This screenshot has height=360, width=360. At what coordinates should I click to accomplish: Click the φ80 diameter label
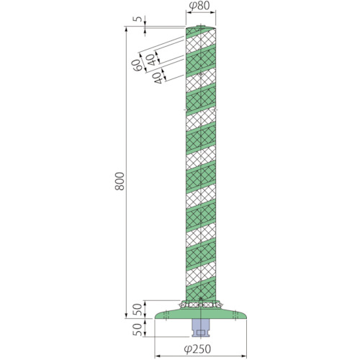pyautogui.click(x=199, y=6)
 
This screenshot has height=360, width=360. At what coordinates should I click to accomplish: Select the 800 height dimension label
pyautogui.click(x=120, y=181)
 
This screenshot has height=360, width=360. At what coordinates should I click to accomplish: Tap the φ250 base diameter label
pyautogui.click(x=197, y=349)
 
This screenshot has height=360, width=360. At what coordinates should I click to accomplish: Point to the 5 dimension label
pyautogui.click(x=138, y=19)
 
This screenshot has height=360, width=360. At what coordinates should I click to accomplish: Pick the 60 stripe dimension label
pyautogui.click(x=137, y=65)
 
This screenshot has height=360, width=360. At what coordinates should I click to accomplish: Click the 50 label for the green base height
pyautogui.click(x=138, y=310)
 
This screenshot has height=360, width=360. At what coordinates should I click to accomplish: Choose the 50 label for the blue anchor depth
pyautogui.click(x=138, y=330)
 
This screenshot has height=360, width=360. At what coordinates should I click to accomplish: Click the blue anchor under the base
pyautogui.click(x=201, y=328)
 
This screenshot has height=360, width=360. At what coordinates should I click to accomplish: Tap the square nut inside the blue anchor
pyautogui.click(x=201, y=333)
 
